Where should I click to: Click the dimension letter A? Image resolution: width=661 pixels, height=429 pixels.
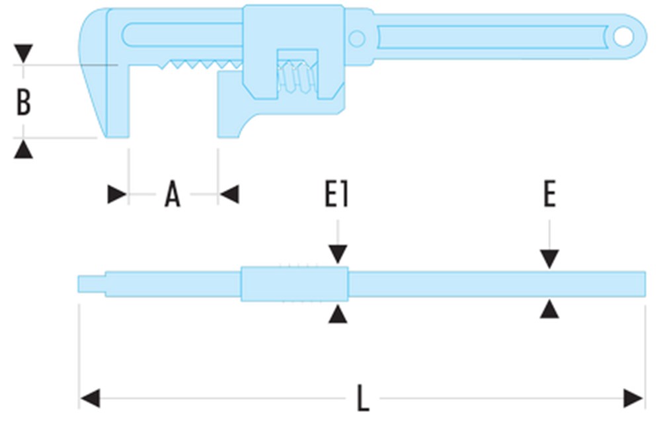tap(173, 195)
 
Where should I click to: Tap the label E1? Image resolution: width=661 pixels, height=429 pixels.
tap(337, 195)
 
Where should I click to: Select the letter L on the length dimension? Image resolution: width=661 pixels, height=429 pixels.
tap(362, 399)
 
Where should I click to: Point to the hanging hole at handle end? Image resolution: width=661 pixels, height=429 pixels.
tap(623, 37)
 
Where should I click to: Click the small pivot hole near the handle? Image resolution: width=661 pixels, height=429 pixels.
tap(357, 39)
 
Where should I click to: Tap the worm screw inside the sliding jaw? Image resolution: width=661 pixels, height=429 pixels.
tap(295, 76)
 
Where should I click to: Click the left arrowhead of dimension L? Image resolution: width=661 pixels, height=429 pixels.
tap(90, 399)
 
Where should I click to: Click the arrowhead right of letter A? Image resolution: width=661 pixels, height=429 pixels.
tap(229, 194)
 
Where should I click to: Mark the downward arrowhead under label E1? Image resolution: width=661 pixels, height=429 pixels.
tap(338, 253)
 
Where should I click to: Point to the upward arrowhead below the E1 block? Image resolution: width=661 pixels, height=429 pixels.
tap(338, 314)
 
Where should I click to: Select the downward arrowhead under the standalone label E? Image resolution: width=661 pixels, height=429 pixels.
tap(549, 258)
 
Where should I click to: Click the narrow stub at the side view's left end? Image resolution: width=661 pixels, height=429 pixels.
tap(91, 284)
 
